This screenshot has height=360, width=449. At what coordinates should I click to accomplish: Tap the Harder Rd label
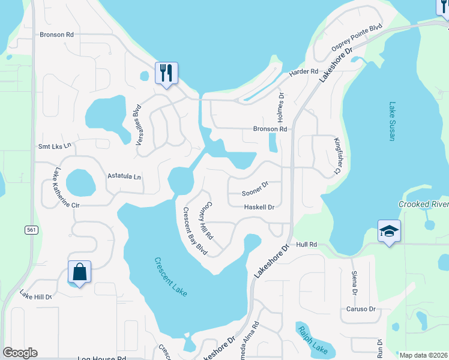303,72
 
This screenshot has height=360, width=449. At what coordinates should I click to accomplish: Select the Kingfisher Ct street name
337,156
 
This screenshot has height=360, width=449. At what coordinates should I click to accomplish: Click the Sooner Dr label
253,193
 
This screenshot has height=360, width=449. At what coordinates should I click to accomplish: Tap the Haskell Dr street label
259,207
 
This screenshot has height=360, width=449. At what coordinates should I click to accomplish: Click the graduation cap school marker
389,231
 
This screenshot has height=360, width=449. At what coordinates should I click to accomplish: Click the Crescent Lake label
171,277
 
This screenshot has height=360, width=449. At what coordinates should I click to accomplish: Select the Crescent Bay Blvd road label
195,231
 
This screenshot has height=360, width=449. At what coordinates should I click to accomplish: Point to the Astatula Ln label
124,176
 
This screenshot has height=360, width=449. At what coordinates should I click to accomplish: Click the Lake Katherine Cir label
66,187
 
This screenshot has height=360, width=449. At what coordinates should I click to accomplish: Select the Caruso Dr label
360,310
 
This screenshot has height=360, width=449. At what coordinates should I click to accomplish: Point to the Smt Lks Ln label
55,146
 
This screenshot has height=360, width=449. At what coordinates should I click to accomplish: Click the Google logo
20,353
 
